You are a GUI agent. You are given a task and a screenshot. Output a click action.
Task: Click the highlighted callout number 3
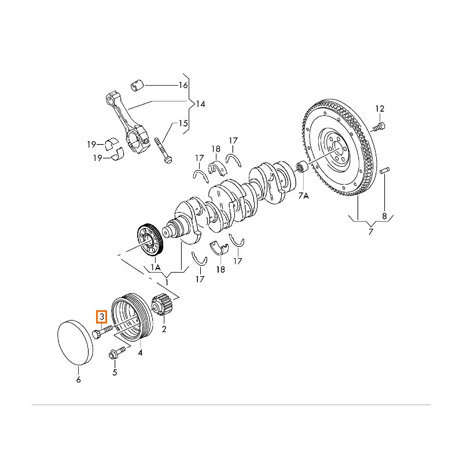pos(102,317)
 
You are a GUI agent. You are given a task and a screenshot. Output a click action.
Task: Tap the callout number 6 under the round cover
pos(79,380)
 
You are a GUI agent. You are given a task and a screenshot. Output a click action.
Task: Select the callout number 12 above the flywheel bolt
pos(380,108)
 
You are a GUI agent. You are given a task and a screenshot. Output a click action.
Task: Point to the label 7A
pos(304,197)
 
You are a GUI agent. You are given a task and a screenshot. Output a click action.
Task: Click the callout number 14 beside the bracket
pos(200,104)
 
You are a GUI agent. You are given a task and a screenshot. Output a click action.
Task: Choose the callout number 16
pos(183,86)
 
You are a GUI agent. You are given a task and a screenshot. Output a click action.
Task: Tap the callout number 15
pos(183,123)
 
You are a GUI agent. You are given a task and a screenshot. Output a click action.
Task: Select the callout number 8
pos(384,216)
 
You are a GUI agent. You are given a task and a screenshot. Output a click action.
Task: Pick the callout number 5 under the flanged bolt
pos(115,372)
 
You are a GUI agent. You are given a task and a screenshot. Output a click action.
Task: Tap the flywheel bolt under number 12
pos(378,126)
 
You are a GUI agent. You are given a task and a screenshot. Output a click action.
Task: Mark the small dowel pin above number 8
pos(385,171)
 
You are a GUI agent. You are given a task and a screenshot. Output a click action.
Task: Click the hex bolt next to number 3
pos(101,332)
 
